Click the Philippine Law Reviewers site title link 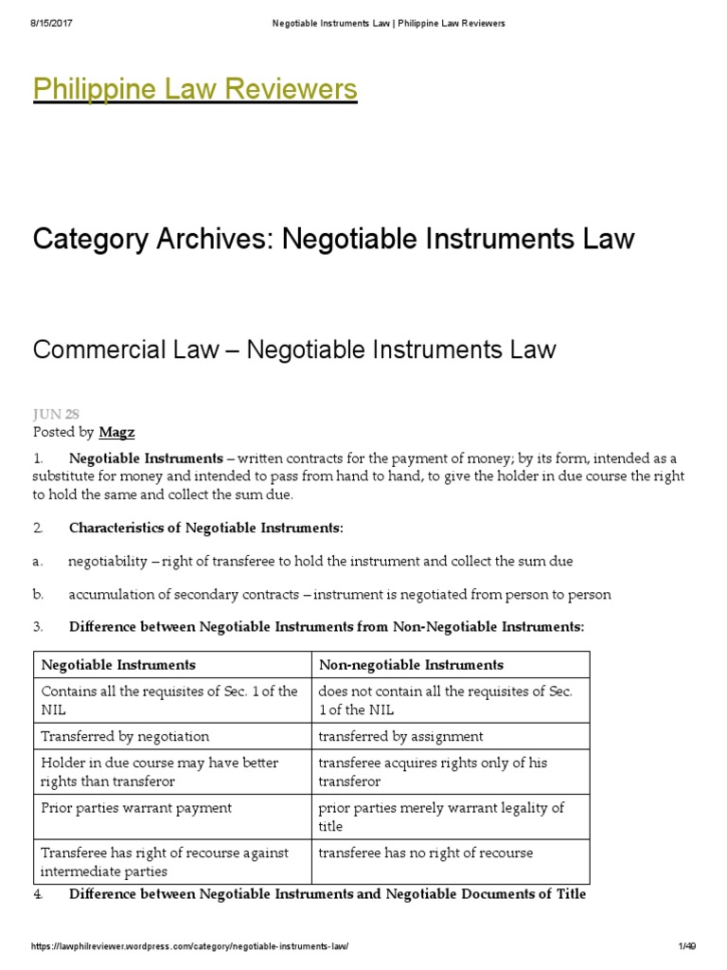point(195,89)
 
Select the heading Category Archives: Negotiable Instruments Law point(333,239)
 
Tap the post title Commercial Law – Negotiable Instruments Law point(294,350)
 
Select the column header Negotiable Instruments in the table point(118,665)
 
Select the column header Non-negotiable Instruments point(411,665)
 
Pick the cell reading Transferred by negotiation point(125,736)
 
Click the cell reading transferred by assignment point(400,736)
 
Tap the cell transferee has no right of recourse point(425,853)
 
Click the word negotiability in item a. point(108,561)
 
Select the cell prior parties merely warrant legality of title point(440,817)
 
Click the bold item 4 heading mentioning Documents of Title point(328,894)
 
